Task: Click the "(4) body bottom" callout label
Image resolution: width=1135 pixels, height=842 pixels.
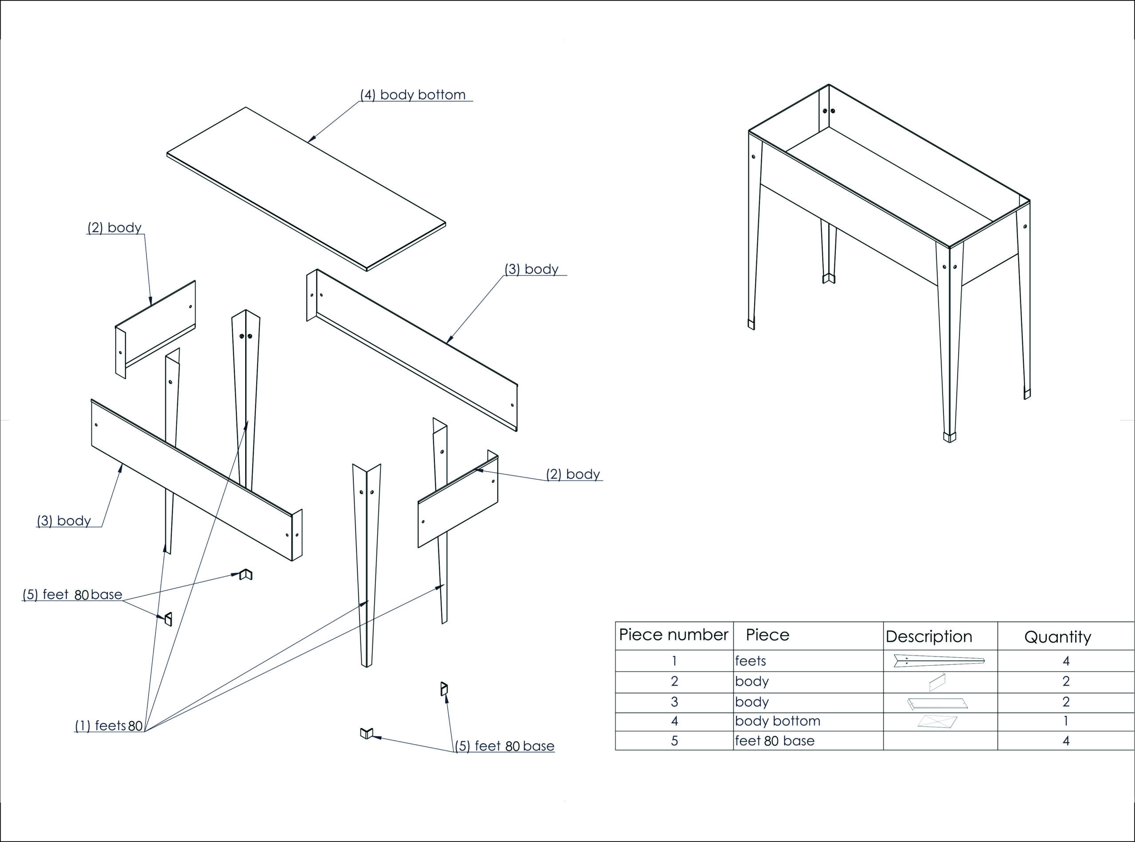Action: click(413, 95)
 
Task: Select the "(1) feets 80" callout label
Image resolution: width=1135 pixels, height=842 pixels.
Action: click(109, 725)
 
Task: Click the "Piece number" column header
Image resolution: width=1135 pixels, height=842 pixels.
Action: click(673, 635)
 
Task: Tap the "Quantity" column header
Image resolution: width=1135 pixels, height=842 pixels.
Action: click(1057, 636)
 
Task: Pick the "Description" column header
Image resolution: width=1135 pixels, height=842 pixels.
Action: click(928, 636)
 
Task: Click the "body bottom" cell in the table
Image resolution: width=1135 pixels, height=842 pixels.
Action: click(777, 721)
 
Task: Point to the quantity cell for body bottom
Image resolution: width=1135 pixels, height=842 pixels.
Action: click(1066, 721)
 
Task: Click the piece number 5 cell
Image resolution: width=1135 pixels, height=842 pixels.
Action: click(674, 741)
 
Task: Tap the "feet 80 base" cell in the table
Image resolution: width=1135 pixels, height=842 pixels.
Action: click(775, 741)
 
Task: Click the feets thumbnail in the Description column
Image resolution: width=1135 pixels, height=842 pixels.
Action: click(939, 661)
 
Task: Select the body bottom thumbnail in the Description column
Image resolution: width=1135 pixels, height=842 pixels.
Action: click(937, 721)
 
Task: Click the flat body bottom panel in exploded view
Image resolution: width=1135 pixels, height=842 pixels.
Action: click(306, 189)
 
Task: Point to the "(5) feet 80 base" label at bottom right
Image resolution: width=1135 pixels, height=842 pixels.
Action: click(504, 746)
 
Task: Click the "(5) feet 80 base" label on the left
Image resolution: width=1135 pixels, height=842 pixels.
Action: click(72, 594)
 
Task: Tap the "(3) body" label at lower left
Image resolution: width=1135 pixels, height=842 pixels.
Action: click(64, 520)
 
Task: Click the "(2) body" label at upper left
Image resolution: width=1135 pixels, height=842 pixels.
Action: click(114, 227)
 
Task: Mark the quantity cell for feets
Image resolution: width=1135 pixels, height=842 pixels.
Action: click(1066, 660)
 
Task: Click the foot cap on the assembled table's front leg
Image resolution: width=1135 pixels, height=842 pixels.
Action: click(949, 437)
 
